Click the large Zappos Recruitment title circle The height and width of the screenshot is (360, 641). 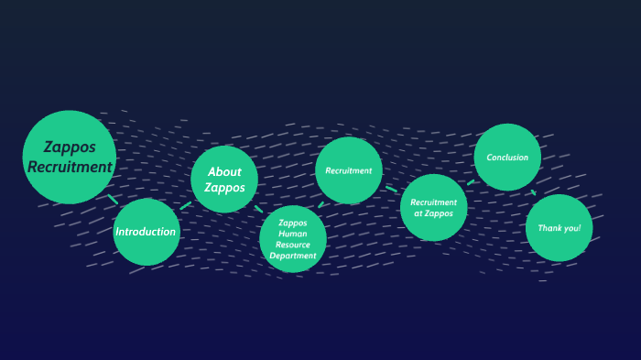(x=69, y=157)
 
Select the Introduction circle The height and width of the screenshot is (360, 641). (x=146, y=232)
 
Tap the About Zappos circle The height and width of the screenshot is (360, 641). (x=224, y=180)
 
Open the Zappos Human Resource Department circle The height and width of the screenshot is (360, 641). (x=293, y=239)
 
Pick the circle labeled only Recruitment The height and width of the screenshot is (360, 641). (x=348, y=170)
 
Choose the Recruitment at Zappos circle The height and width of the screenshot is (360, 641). (x=433, y=208)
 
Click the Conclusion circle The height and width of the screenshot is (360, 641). (x=507, y=158)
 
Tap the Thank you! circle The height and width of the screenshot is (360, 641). (x=559, y=227)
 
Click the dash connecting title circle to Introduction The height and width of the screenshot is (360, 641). (x=113, y=199)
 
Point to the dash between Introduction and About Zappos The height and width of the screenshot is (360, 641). (x=186, y=205)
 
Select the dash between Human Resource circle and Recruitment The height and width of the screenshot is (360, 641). (x=320, y=205)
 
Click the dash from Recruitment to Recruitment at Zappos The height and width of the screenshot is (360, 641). (x=391, y=190)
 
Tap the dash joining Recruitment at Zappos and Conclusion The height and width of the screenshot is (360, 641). (x=471, y=182)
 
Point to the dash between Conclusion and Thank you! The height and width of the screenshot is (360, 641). (x=533, y=192)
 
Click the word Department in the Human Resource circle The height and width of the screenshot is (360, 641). (x=293, y=256)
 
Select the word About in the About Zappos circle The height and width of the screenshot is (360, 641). (x=224, y=171)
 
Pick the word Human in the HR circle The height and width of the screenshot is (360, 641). (x=293, y=234)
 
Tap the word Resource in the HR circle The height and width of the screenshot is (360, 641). (x=293, y=245)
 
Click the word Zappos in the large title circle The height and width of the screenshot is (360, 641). (x=70, y=147)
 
